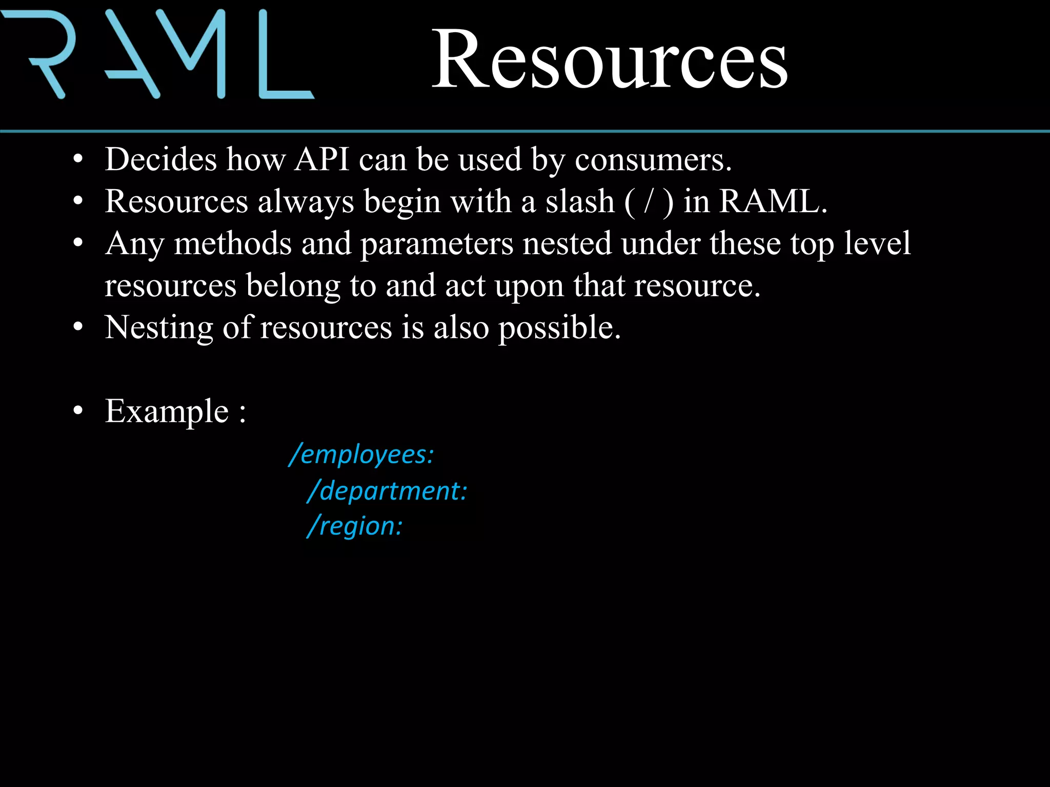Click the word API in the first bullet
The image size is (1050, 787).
(322, 159)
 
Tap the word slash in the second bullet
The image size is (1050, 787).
(579, 201)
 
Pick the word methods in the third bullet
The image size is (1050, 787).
(232, 243)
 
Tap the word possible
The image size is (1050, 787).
(559, 328)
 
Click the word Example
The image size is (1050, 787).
(167, 411)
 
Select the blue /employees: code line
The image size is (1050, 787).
(362, 454)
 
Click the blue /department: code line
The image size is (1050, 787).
(388, 491)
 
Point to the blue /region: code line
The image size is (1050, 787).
(355, 526)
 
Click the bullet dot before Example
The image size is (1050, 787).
(78, 411)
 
